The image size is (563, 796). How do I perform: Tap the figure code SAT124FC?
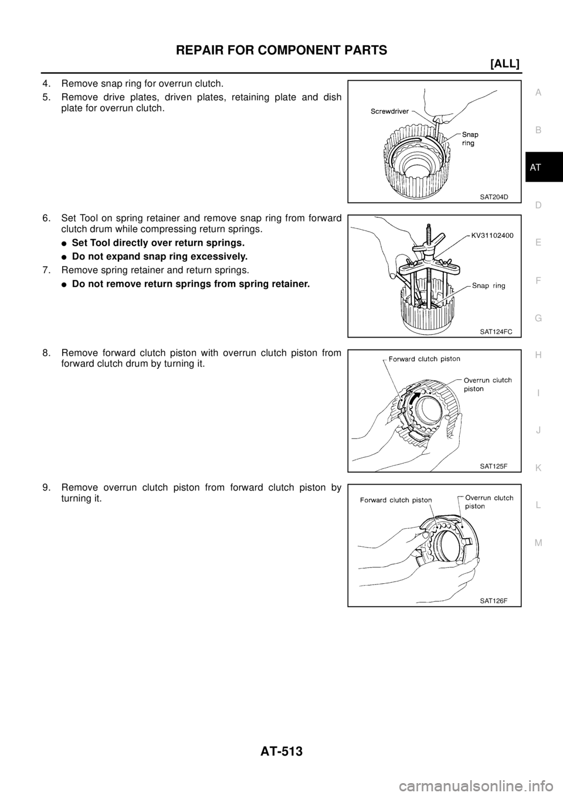point(496,331)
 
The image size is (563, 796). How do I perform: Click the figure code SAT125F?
point(493,466)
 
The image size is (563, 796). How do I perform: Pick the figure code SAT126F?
point(493,601)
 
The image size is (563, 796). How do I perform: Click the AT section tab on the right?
point(538,168)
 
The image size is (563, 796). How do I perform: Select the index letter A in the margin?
point(538,92)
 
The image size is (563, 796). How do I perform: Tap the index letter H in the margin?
point(538,355)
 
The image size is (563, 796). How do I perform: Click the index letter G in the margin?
point(538,318)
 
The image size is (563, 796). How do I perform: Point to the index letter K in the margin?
point(538,467)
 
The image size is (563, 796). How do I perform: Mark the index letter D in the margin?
point(538,205)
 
